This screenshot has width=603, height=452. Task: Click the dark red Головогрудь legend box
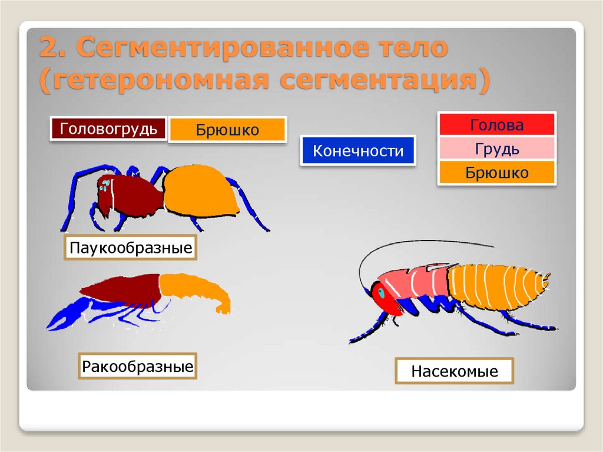coord(108,128)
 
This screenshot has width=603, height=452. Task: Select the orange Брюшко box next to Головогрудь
coord(227,130)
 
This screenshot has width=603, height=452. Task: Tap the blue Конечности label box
coord(357,151)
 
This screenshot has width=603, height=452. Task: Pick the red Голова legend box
coord(496,125)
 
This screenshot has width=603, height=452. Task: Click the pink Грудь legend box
coord(496,149)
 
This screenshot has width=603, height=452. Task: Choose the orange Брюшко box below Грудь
coord(496,173)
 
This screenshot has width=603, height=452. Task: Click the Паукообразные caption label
coord(130,248)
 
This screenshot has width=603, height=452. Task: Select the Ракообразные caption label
coord(137,367)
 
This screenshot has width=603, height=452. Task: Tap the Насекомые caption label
coord(454,372)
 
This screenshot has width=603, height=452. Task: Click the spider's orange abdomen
coord(200,190)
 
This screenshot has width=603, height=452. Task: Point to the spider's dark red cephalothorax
coord(132,194)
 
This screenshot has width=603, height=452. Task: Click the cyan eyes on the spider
coord(105,186)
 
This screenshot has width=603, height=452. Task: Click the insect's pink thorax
coord(412,281)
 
